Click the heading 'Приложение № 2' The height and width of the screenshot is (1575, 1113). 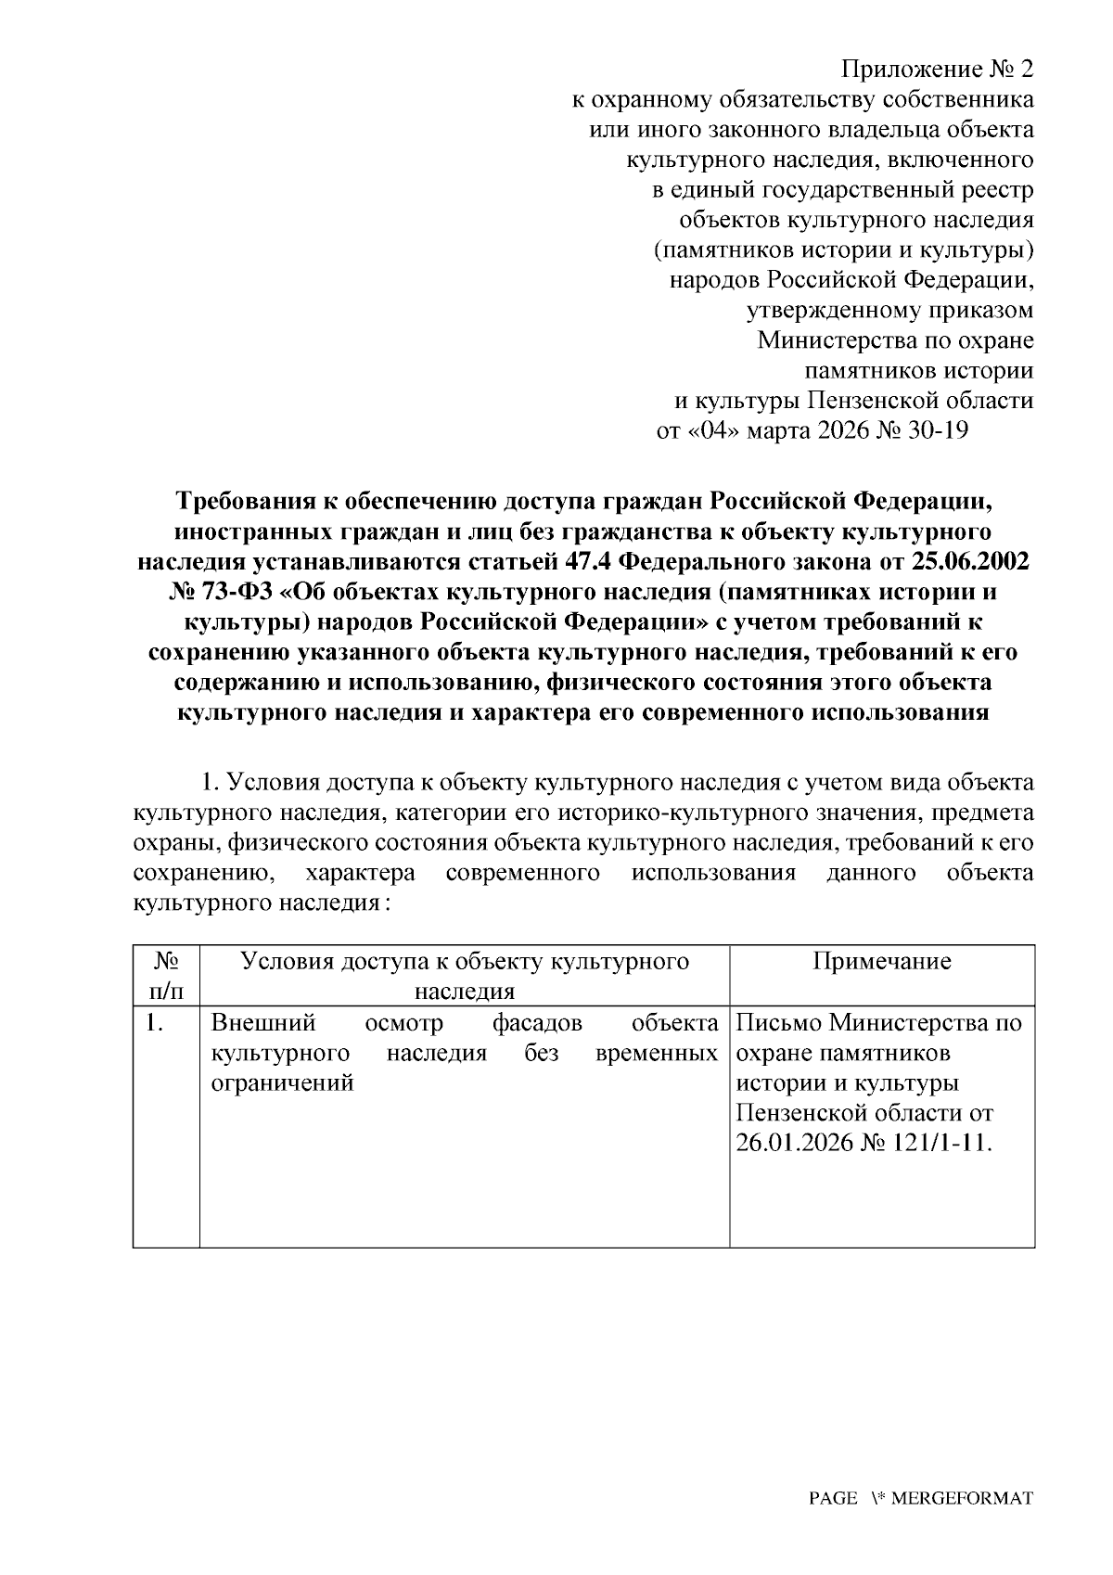click(x=937, y=70)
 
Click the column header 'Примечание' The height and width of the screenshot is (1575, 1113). click(x=881, y=961)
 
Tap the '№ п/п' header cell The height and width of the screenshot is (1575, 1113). click(x=166, y=976)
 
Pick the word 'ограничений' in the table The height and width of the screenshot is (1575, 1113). click(x=283, y=1082)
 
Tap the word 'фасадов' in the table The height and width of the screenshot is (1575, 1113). click(x=537, y=1023)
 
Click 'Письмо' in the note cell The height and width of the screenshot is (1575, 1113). click(x=779, y=1023)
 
